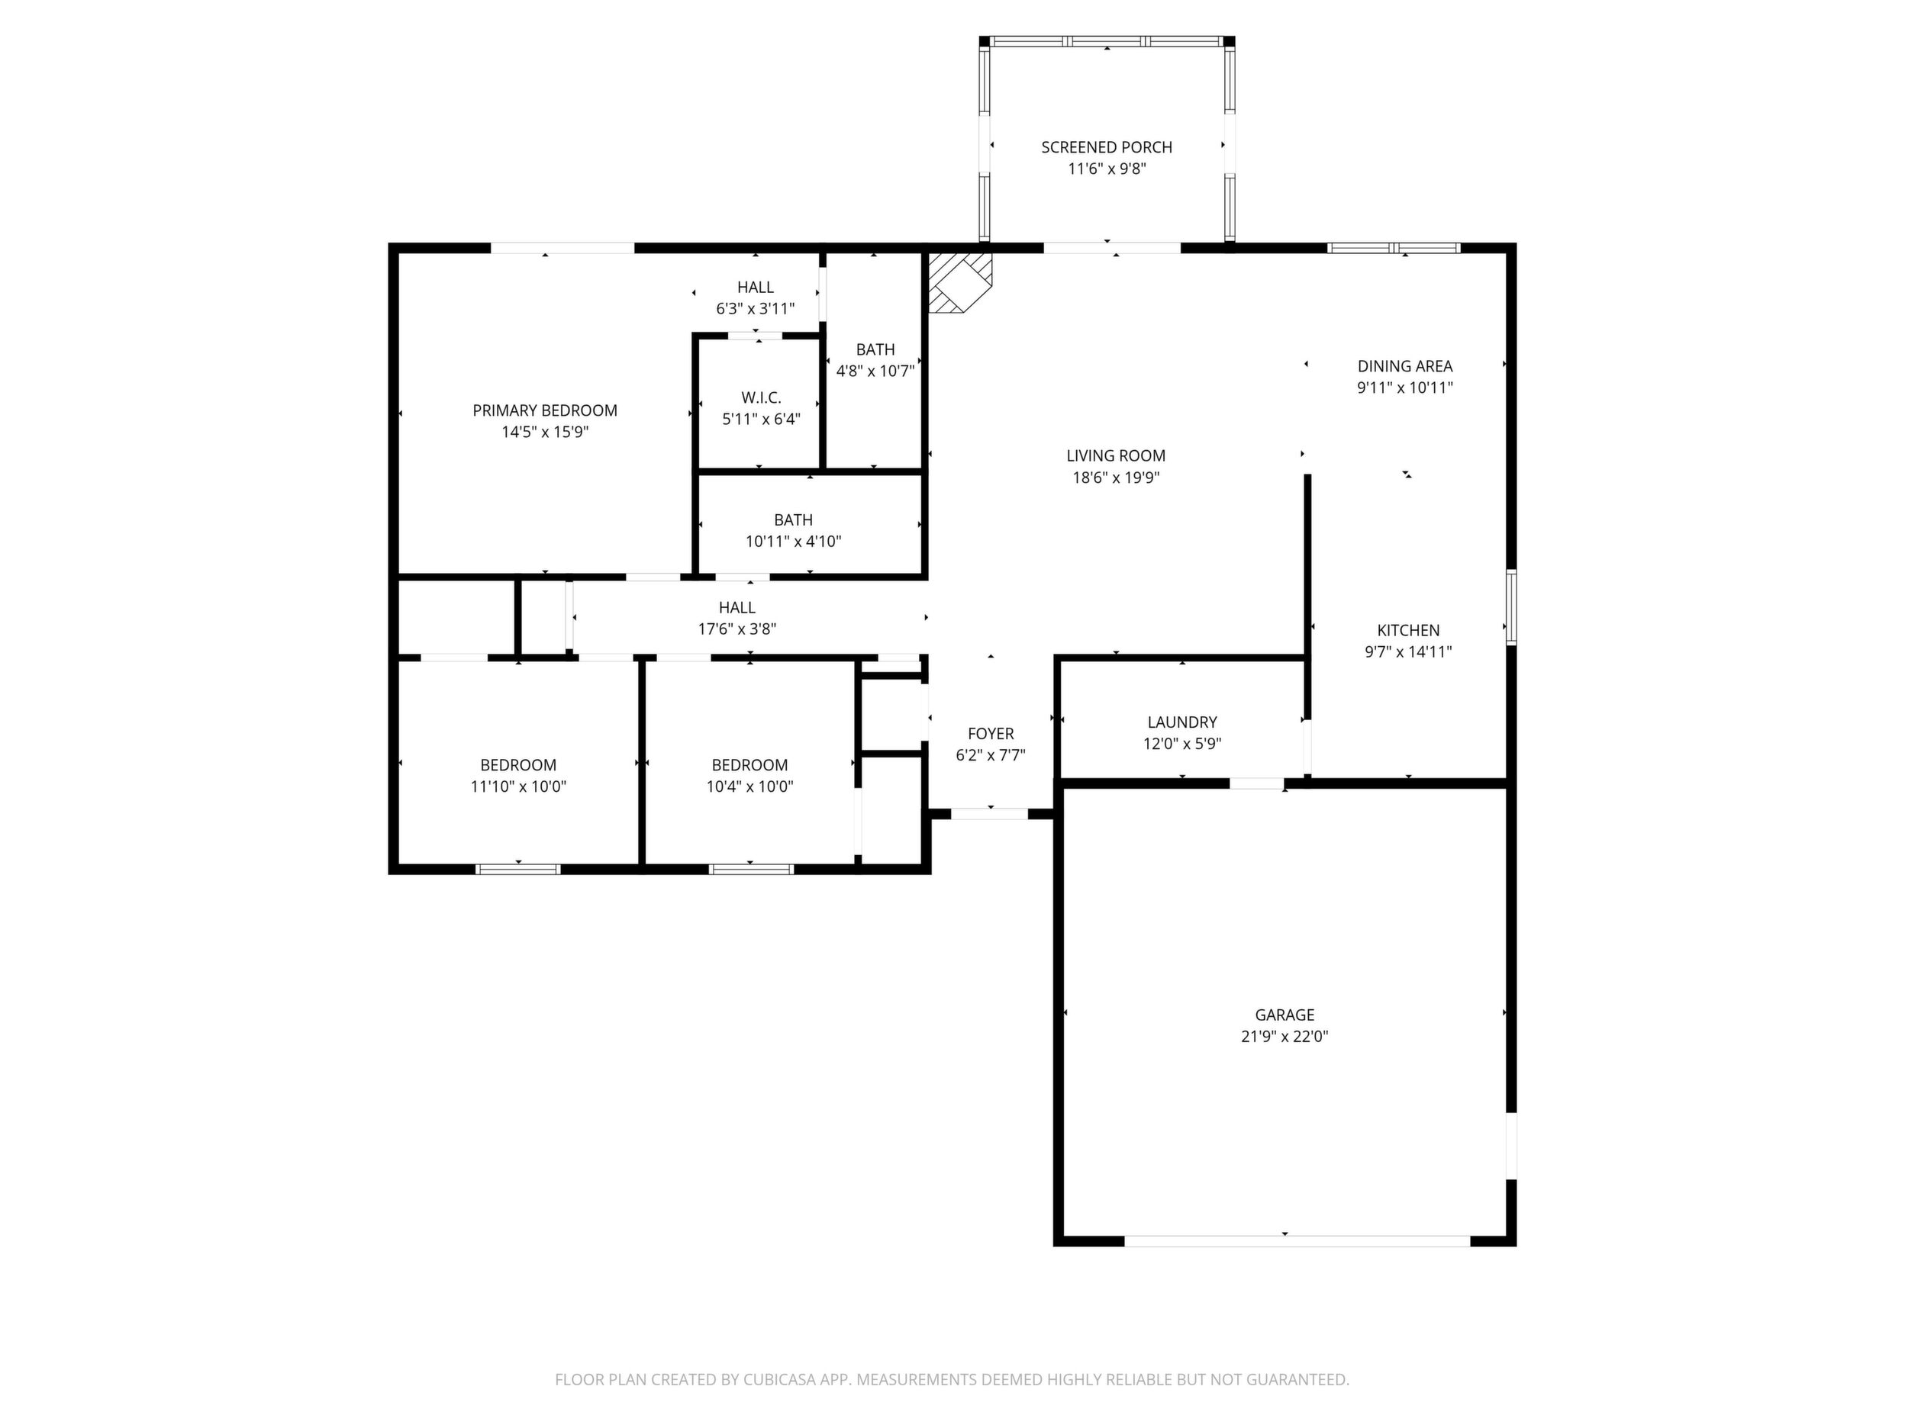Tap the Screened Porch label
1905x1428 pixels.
[x=1107, y=147]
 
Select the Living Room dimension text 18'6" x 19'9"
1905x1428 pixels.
[x=1115, y=478]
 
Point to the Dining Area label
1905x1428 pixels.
[x=1404, y=366]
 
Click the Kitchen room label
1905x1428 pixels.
[x=1408, y=630]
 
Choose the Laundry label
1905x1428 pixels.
[x=1181, y=722]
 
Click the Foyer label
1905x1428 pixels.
[x=991, y=733]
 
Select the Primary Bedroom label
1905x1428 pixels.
[x=544, y=410]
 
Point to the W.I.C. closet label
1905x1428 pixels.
[x=760, y=397]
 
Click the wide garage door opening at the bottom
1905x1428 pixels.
[x=1297, y=1241]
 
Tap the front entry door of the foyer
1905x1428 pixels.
[x=990, y=813]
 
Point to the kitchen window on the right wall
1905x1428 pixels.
[x=1510, y=607]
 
